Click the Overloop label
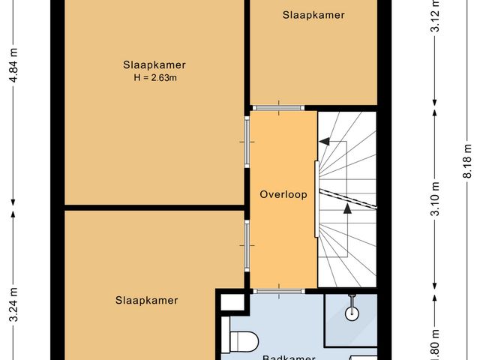click(283, 195)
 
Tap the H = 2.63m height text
click(154, 77)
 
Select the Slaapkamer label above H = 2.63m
click(154, 64)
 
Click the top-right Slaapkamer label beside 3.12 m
click(313, 14)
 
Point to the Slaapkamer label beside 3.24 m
click(147, 301)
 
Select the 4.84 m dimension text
click(13, 70)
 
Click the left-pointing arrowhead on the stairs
click(325, 141)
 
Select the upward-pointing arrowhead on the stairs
click(347, 209)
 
